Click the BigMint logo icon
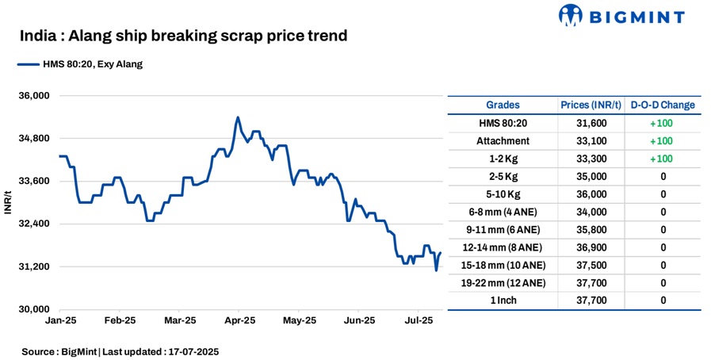(x=573, y=15)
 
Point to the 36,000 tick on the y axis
(x=34, y=96)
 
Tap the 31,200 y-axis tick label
(x=34, y=266)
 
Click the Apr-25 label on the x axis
(x=239, y=321)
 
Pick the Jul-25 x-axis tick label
(x=419, y=321)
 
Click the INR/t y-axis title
(x=8, y=202)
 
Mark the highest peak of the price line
(x=238, y=117)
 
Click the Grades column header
(x=503, y=105)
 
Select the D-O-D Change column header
(x=663, y=105)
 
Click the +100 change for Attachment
(x=663, y=140)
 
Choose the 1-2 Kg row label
(x=503, y=159)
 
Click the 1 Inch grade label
(x=503, y=300)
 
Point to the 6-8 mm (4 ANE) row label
(x=503, y=212)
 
